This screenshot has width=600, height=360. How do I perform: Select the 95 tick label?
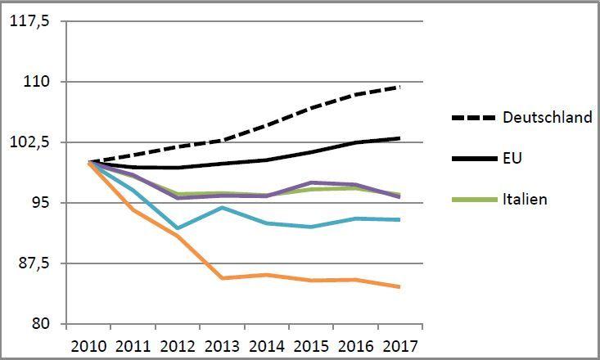click(x=43, y=202)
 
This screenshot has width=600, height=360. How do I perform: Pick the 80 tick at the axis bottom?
click(x=43, y=323)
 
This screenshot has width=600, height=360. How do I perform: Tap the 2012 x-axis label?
click(x=178, y=344)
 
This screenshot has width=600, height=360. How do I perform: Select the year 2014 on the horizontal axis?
click(x=266, y=344)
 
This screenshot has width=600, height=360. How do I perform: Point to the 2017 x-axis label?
click(x=399, y=344)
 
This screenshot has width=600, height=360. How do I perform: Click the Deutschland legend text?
click(x=548, y=118)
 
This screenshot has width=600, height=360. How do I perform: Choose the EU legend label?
click(x=512, y=158)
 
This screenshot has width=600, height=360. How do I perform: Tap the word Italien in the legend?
click(x=525, y=199)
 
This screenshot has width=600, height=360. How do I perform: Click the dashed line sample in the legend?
click(x=473, y=118)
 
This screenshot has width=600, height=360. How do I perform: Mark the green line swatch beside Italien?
click(x=473, y=199)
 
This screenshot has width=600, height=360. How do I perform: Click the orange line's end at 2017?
click(x=399, y=286)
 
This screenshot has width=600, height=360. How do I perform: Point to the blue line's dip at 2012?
click(x=178, y=228)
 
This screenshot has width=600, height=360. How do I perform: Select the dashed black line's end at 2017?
click(x=399, y=86)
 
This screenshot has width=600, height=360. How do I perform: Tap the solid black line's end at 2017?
click(x=399, y=137)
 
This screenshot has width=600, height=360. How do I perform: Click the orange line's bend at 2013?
click(x=222, y=278)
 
